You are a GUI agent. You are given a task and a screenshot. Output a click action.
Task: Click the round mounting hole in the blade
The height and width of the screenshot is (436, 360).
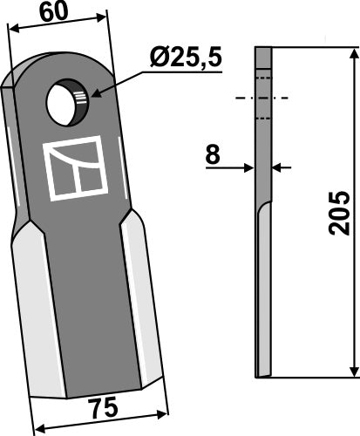click(x=66, y=103)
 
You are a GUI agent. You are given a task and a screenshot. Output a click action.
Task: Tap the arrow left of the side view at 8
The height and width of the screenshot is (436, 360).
click(x=248, y=164)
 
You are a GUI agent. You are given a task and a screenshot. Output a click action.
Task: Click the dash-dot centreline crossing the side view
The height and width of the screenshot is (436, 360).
click(x=263, y=98)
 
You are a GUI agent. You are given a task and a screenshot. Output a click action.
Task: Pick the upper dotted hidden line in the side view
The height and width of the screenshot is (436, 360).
click(x=263, y=78)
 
